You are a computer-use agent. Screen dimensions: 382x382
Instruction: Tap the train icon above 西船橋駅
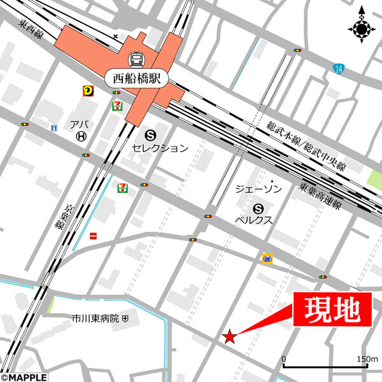pyautogui.click(x=136, y=60)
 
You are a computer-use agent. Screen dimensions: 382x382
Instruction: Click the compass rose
pyautogui.click(x=361, y=27)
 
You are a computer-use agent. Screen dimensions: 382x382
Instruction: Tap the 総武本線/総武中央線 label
pyautogui.click(x=306, y=147)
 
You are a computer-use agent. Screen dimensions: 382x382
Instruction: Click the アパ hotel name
pyautogui.click(x=80, y=124)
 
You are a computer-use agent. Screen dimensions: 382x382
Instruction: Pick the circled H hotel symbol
pyautogui.click(x=81, y=136)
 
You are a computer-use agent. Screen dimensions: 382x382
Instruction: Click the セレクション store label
pyautogui.click(x=160, y=148)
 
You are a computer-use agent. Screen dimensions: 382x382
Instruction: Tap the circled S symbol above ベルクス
pyautogui.click(x=258, y=208)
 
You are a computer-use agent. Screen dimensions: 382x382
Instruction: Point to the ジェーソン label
pyautogui.click(x=258, y=190)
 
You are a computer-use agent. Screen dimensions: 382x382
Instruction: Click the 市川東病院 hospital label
pyautogui.click(x=95, y=317)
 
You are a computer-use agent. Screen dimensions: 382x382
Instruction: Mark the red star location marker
pyautogui.click(x=229, y=336)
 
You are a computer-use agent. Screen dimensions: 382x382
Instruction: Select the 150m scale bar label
pyautogui.click(x=367, y=359)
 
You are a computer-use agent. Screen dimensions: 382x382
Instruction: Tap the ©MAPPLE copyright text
pyautogui.click(x=24, y=377)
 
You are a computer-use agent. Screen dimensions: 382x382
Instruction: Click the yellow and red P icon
pyautogui.click(x=87, y=91)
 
